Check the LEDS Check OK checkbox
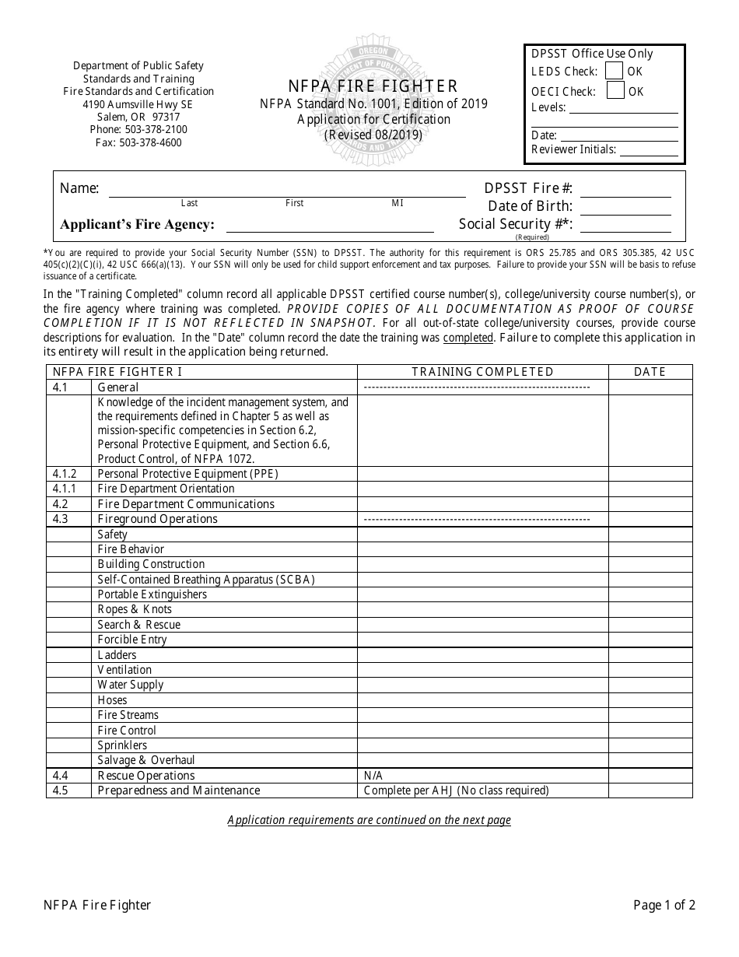(615, 71)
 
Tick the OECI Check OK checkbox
(615, 91)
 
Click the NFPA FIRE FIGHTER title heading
(373, 86)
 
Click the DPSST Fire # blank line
(625, 192)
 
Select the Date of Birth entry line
(625, 210)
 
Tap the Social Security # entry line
(625, 228)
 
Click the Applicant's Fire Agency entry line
(329, 227)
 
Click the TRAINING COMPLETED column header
(482, 372)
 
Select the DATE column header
(650, 372)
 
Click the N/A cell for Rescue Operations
(373, 776)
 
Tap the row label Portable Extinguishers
(152, 594)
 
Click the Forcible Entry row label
(132, 640)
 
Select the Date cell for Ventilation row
(650, 670)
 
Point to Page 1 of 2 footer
(664, 905)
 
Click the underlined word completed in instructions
(468, 338)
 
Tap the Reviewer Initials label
(573, 149)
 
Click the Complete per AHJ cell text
(456, 790)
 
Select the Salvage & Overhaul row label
(146, 760)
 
